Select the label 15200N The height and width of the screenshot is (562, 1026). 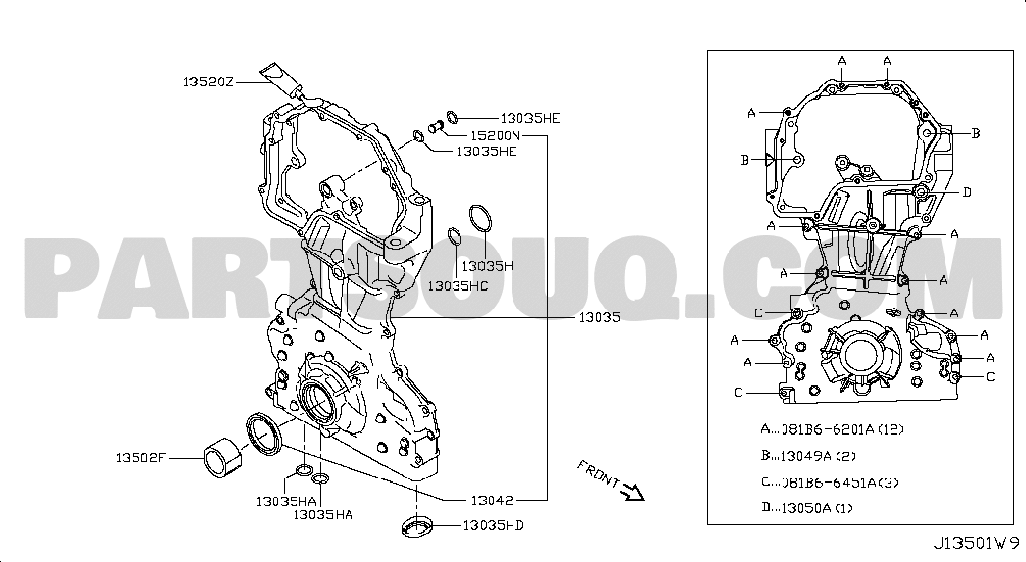[496, 135]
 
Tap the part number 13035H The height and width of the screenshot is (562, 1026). [488, 265]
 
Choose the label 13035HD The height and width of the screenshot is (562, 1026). [492, 525]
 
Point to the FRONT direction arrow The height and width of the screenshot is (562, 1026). [630, 489]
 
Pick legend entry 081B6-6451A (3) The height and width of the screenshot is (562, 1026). [829, 481]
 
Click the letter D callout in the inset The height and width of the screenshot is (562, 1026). [966, 192]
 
